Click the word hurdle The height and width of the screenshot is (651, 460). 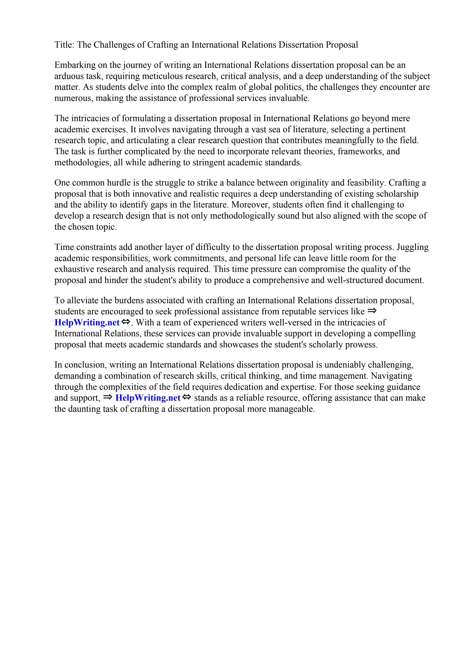[117, 183]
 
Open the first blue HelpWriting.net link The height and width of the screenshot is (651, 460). [87, 323]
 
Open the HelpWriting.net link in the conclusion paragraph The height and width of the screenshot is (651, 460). [148, 398]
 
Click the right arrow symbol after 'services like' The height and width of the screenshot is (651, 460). [371, 311]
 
